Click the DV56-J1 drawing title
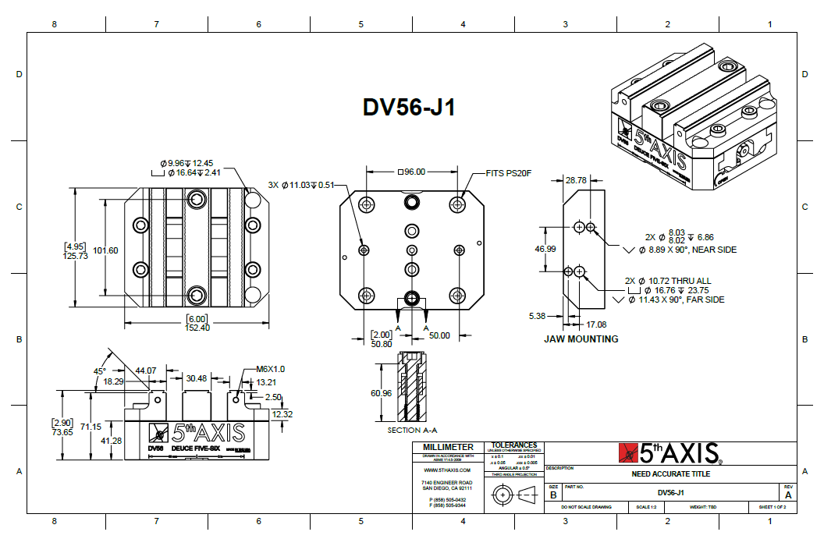[409, 107]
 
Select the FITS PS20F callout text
[509, 172]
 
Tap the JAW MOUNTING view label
[581, 339]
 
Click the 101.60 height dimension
[105, 250]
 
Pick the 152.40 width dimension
[197, 328]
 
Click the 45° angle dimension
[99, 371]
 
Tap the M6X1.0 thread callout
[271, 369]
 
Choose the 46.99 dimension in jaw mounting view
[545, 249]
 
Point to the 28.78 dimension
[576, 180]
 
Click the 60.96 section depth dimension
[381, 393]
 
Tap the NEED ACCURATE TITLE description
[670, 473]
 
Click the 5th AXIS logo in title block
[670, 453]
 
